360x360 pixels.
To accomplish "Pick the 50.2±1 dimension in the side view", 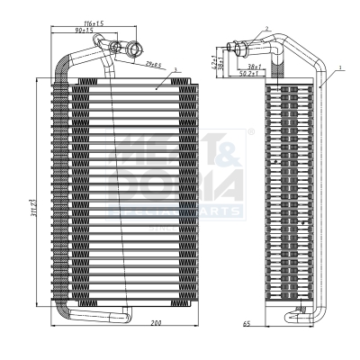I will point(250,75).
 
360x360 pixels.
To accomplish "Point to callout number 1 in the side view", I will point(340,67).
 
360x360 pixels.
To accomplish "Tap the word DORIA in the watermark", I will point(175,184).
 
